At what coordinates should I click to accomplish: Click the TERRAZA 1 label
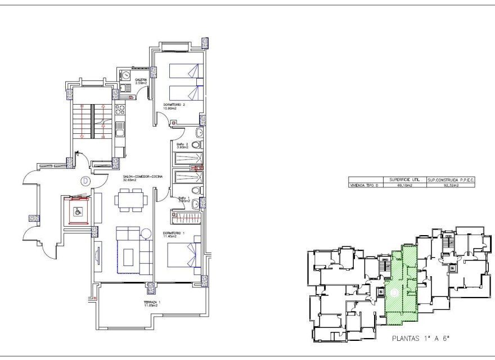point(152,304)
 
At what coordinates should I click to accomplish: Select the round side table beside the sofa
point(146,233)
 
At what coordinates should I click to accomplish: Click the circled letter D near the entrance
point(85,181)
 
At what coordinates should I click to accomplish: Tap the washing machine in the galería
point(127,76)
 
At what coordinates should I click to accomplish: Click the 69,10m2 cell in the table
point(405,184)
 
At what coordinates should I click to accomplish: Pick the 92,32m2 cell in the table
point(451,184)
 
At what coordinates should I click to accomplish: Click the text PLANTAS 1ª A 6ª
point(421,340)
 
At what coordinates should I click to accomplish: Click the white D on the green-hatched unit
point(394,292)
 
